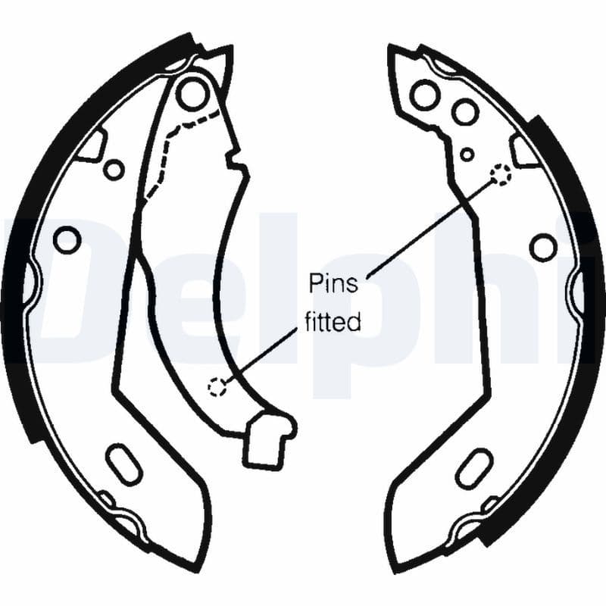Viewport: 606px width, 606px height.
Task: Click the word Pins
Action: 333,283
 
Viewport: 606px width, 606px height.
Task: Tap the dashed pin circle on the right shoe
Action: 501,175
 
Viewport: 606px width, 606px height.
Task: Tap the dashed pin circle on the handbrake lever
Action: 217,386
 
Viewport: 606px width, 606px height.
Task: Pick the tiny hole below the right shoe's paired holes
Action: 467,155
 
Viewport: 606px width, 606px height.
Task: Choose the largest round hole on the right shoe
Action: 425,94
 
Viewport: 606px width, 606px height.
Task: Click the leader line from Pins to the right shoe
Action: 430,228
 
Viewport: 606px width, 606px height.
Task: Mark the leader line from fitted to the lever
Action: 261,355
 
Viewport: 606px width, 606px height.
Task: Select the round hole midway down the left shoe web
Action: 67,240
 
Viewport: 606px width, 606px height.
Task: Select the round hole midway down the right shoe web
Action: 543,247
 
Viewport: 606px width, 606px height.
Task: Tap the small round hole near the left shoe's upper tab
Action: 114,169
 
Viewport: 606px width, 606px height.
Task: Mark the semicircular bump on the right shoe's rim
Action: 576,290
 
